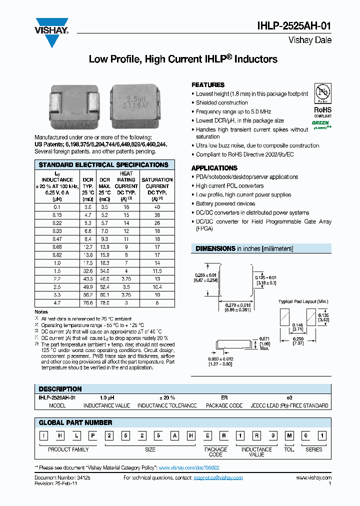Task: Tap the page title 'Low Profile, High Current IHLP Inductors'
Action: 182,59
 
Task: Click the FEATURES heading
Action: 208,85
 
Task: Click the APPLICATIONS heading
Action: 214,168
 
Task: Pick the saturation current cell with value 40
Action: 157,206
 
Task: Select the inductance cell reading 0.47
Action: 57,239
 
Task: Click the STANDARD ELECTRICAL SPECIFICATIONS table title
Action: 103,165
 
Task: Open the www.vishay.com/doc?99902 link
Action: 189,467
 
